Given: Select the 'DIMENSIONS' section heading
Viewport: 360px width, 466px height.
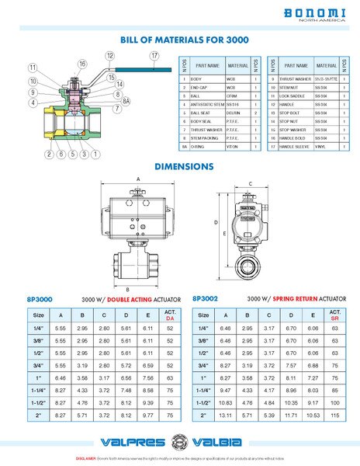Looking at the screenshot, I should point(184,166).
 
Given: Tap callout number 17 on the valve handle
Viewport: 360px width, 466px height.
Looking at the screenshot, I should point(154,55).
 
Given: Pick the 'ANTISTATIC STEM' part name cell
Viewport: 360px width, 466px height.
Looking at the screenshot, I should point(209,103).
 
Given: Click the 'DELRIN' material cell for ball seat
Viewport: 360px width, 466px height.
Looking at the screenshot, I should point(236,113).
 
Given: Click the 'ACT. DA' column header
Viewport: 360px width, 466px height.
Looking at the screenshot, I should point(169,315).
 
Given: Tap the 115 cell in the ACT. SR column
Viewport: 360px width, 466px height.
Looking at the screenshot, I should point(334,416).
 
